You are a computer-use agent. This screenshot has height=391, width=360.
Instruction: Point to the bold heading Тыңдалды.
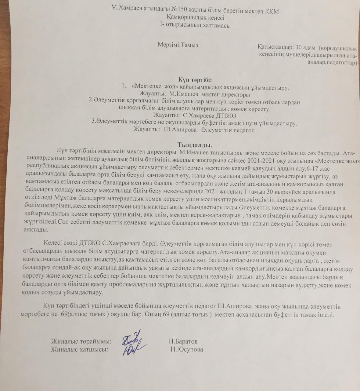tap(195, 144)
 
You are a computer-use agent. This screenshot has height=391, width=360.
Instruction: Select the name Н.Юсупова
tap(187, 349)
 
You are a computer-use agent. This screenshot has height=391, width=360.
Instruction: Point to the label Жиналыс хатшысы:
tap(80, 349)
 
